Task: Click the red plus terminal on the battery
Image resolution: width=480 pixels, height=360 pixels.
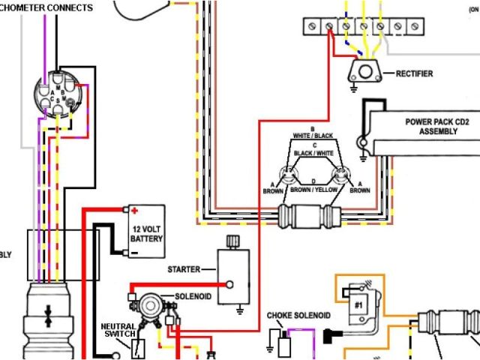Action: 134,211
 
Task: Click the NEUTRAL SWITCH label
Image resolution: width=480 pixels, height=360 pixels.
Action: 119,331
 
